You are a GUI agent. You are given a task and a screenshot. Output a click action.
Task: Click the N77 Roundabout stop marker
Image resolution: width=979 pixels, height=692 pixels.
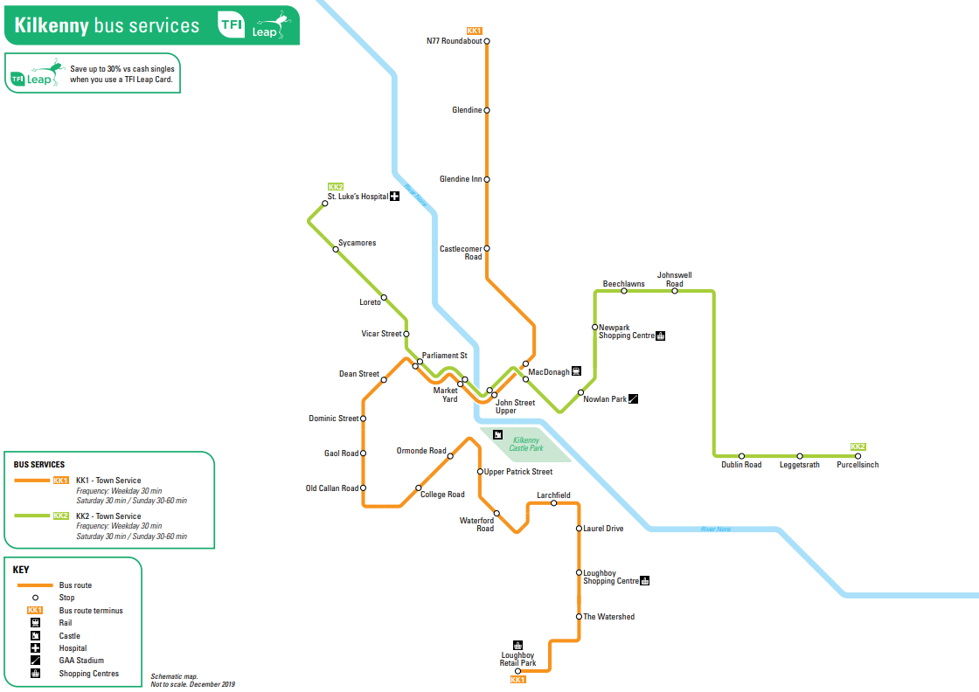487,41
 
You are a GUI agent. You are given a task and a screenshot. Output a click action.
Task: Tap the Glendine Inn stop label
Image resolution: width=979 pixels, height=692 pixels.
461,179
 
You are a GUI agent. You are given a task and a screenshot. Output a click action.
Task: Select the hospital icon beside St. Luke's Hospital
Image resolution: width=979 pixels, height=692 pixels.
394,196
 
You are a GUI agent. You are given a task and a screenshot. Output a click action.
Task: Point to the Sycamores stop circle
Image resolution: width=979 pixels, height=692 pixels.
336,250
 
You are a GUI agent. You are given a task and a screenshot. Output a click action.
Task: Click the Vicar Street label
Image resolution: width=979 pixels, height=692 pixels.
381,334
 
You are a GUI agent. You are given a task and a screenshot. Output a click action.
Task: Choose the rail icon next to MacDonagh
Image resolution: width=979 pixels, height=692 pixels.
576,371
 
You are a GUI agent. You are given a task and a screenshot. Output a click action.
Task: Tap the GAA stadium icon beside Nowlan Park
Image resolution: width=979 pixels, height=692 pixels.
633,398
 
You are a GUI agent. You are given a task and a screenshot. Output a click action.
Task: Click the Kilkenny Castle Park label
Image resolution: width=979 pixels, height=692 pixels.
526,444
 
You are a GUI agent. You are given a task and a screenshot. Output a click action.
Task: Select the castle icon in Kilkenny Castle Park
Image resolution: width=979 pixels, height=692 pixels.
497,434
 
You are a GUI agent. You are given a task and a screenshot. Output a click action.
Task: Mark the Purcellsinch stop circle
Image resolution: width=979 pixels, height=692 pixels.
857,456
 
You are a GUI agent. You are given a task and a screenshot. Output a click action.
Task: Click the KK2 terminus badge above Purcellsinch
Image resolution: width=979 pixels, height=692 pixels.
857,446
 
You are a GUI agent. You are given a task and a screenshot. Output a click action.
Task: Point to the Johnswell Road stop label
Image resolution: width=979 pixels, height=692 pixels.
674,279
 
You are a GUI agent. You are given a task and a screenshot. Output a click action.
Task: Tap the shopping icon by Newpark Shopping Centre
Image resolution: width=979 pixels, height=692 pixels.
661,336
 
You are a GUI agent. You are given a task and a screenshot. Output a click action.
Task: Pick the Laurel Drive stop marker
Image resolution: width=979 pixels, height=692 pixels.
579,529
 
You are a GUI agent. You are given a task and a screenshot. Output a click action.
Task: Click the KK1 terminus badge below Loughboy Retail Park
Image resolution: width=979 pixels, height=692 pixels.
517,680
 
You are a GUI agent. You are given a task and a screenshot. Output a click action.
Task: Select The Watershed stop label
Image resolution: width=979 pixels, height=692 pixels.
608,617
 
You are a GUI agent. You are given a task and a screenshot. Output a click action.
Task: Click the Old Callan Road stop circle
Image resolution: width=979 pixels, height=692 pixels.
364,488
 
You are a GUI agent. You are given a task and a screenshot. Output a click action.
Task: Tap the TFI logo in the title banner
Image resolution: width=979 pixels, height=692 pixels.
231,24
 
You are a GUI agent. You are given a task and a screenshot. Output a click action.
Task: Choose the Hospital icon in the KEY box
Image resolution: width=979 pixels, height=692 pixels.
36,647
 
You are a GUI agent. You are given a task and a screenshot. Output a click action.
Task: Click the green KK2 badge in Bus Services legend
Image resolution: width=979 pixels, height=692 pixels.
60,516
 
